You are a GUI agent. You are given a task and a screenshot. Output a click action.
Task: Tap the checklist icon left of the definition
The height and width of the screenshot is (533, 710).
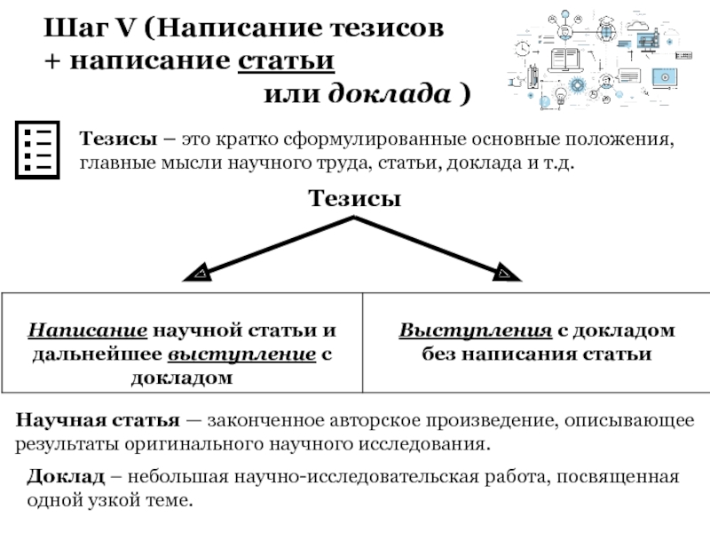click(37, 147)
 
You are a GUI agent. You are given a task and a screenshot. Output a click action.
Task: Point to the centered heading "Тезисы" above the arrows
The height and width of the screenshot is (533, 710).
click(355, 199)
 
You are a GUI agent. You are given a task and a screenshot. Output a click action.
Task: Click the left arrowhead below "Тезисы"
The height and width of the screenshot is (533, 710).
click(199, 272)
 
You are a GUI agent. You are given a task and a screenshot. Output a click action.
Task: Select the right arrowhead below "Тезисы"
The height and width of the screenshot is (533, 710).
click(507, 272)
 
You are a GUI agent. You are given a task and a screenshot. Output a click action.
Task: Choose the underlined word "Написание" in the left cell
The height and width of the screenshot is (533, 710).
click(88, 331)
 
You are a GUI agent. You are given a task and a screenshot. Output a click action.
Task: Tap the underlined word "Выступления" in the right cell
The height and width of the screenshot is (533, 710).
click(476, 331)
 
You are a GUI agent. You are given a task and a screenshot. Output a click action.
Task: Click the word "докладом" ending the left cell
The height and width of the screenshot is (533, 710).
click(182, 378)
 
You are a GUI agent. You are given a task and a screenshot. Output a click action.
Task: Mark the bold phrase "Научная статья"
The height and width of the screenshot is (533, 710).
click(99, 419)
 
